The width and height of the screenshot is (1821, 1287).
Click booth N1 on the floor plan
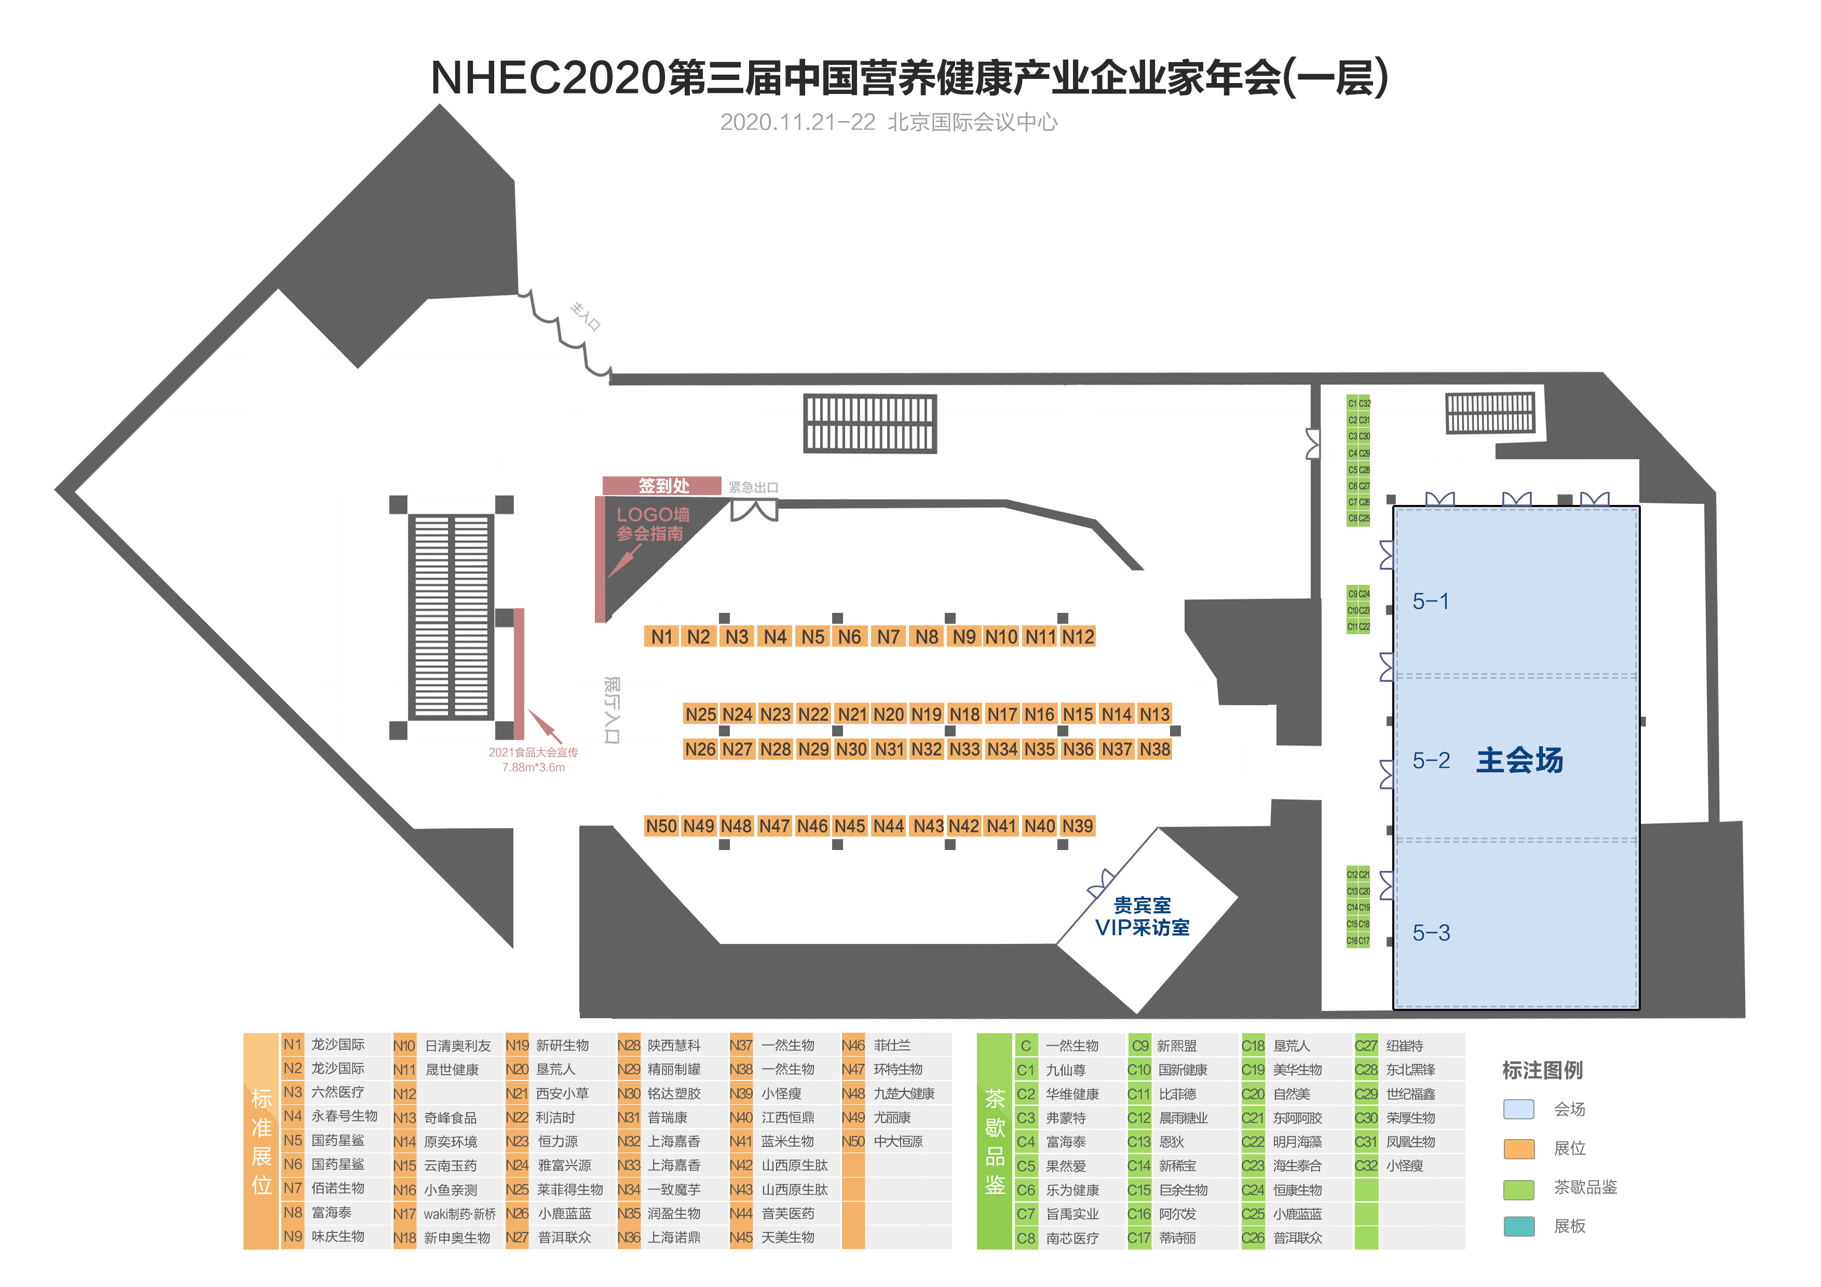click(661, 637)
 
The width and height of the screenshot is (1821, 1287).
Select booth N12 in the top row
click(1078, 637)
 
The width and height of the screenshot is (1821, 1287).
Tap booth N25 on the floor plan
click(700, 715)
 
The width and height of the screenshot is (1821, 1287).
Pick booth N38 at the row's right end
click(1155, 749)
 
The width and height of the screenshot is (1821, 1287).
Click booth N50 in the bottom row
click(661, 826)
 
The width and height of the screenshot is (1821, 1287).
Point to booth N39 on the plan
click(1077, 826)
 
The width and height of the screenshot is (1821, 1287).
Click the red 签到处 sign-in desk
click(662, 485)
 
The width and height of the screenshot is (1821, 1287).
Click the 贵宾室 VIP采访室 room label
click(1142, 916)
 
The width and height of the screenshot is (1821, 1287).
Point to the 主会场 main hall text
click(1519, 760)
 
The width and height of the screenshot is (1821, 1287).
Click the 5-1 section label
click(1431, 601)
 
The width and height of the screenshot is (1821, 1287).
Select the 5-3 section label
click(1431, 933)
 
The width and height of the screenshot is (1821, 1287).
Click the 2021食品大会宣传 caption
click(533, 752)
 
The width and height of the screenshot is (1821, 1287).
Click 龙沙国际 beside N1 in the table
click(338, 1044)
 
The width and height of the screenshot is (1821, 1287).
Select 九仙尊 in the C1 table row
click(1065, 1070)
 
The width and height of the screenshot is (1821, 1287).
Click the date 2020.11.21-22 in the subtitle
click(797, 122)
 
